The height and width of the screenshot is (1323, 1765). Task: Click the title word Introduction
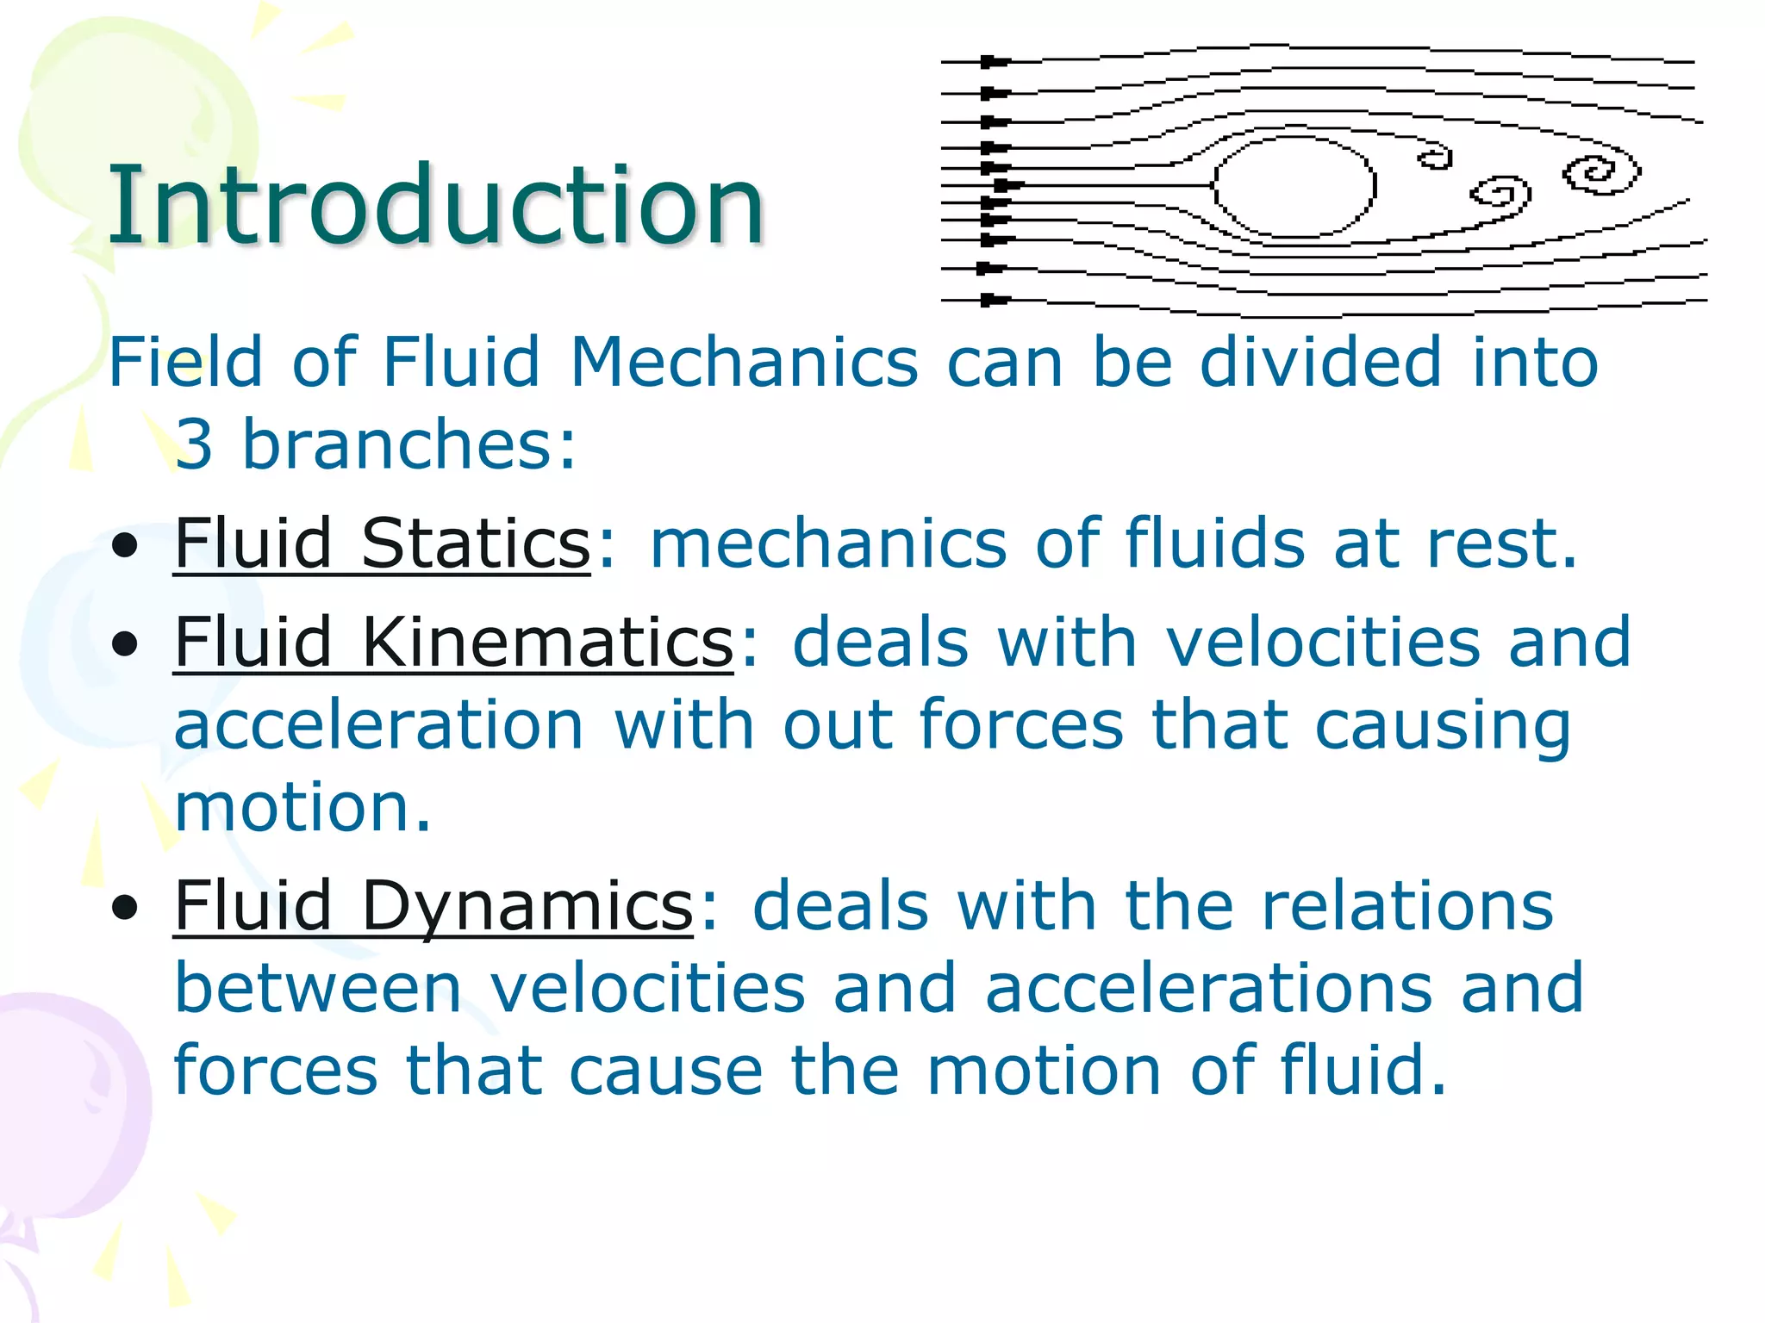[435, 207]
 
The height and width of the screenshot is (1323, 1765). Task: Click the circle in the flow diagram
[1294, 185]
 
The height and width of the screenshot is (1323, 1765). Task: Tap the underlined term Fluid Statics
[382, 543]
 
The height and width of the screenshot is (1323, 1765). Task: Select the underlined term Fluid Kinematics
[453, 643]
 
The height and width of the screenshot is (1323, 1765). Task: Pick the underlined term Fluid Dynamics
[433, 906]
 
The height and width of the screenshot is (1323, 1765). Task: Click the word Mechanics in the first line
[744, 362]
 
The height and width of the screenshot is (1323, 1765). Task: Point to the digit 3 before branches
[194, 444]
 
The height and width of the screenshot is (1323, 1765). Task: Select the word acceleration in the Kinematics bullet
[379, 725]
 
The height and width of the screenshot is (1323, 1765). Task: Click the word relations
[1407, 906]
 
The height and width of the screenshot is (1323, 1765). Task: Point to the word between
[318, 988]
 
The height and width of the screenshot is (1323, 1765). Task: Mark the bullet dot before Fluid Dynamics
[125, 908]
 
